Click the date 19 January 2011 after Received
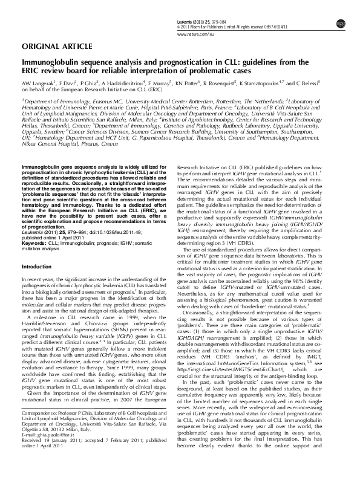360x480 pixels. click(x=62, y=439)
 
